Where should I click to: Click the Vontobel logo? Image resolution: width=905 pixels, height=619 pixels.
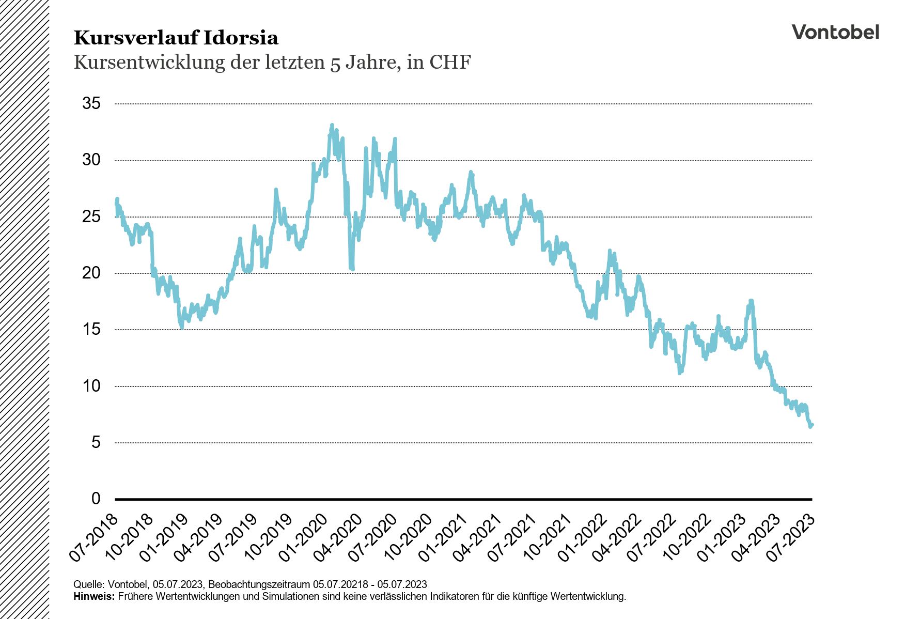(835, 32)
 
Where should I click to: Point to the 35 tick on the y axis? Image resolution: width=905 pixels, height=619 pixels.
(91, 103)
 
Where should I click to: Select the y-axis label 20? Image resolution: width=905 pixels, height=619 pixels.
(91, 273)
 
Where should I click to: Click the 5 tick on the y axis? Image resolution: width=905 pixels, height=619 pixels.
(96, 442)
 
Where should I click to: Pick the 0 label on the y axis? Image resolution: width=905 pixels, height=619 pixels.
(96, 499)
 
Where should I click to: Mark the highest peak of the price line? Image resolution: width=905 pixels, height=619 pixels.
(332, 125)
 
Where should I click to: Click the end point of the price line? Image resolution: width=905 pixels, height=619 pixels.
(812, 425)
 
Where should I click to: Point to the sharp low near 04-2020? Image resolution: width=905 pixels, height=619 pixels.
(352, 269)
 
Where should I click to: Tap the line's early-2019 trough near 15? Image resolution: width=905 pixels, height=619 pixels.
(181, 327)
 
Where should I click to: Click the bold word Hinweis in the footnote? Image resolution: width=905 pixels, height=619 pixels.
(93, 596)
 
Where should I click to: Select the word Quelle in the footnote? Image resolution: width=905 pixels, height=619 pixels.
(89, 584)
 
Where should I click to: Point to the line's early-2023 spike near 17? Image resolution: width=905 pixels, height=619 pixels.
(751, 301)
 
